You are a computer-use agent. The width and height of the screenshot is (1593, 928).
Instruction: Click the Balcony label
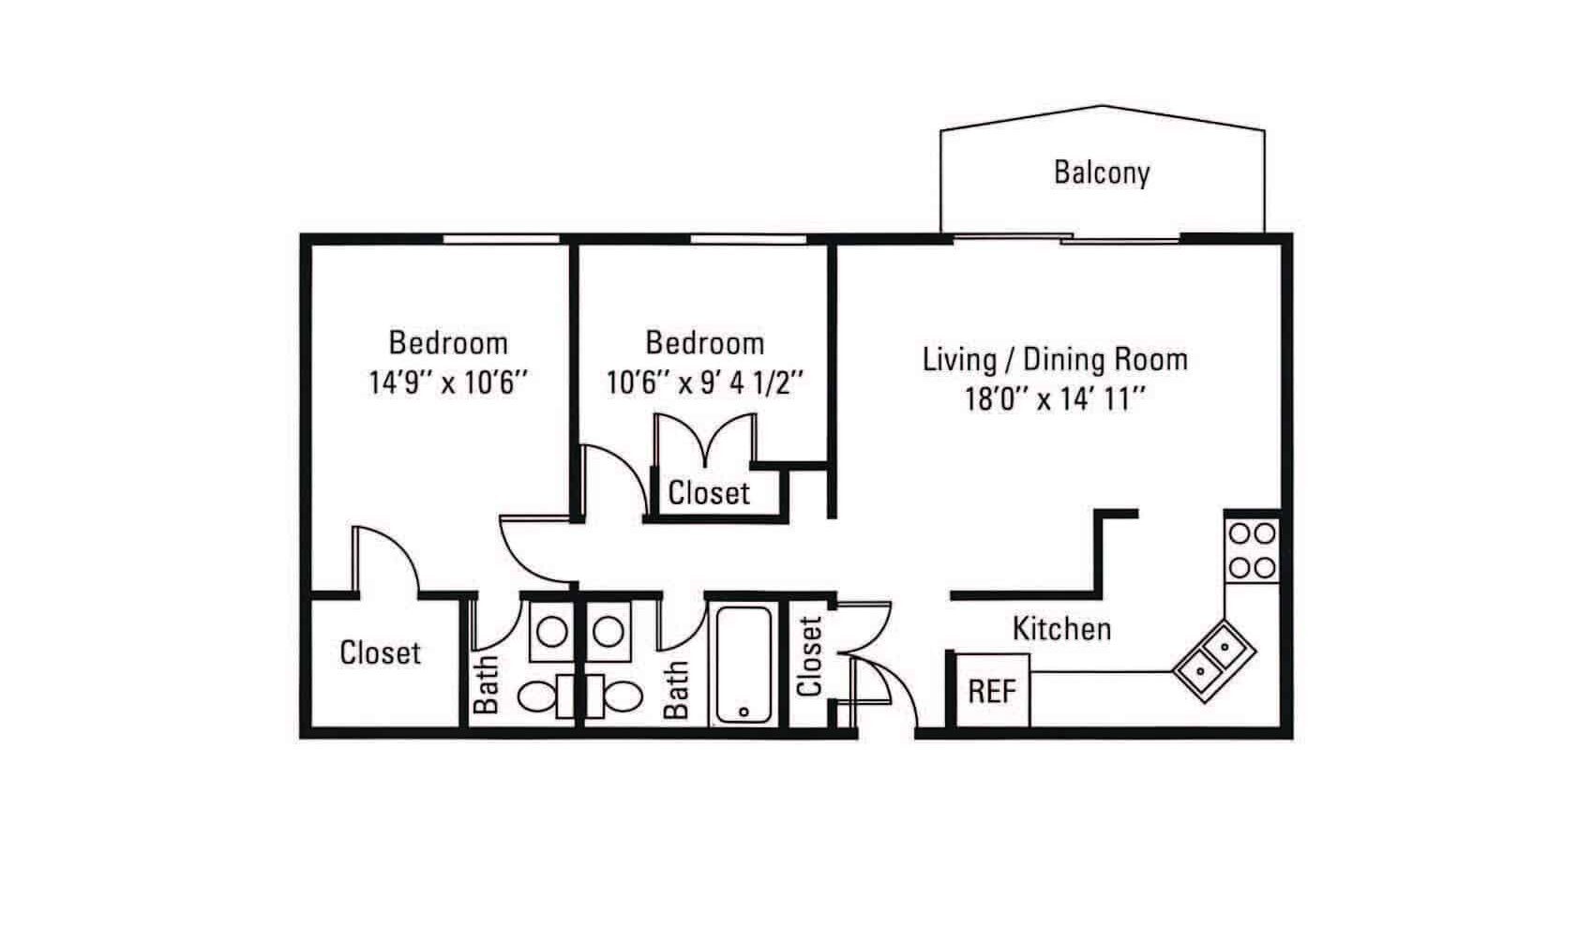(1102, 172)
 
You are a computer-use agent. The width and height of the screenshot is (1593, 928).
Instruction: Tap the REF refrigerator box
(992, 691)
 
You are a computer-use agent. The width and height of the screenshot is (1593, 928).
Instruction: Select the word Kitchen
(1061, 629)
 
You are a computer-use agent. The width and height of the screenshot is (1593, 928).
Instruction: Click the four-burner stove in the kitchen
(1252, 551)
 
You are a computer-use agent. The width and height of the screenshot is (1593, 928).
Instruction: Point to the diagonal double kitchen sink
(1214, 661)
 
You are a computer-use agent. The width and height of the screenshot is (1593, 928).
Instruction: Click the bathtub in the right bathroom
(744, 666)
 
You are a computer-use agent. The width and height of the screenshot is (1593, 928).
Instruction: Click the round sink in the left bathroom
(551, 632)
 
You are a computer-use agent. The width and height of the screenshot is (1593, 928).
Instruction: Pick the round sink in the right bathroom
(609, 632)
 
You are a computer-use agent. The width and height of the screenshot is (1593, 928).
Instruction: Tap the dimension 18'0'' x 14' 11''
(1056, 399)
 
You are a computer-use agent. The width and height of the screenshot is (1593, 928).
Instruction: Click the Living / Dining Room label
(1056, 359)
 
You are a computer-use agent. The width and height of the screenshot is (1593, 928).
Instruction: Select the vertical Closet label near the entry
(810, 656)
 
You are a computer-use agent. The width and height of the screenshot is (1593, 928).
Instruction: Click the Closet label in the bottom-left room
(381, 652)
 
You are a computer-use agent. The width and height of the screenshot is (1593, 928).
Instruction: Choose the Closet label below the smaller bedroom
(709, 493)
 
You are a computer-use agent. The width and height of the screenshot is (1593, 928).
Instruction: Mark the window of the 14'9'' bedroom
(502, 239)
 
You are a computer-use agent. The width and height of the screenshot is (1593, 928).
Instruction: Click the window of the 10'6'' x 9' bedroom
(748, 239)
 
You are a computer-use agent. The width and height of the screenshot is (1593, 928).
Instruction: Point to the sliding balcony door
(1067, 239)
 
